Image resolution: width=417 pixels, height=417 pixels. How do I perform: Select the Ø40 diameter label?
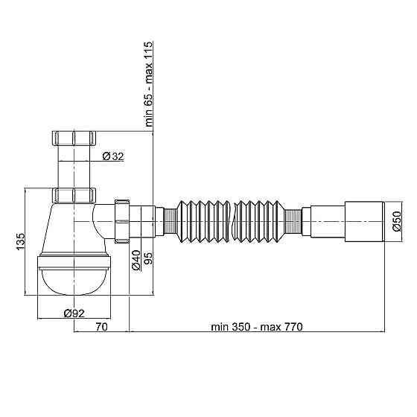[137, 261]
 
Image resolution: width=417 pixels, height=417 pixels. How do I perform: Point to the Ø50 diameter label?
[398, 221]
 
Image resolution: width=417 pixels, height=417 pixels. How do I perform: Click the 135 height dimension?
[21, 242]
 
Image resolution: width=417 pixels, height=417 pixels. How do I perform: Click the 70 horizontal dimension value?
[101, 327]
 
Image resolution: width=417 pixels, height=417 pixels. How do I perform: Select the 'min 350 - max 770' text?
[256, 327]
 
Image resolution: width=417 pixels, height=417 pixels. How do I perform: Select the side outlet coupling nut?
[123, 221]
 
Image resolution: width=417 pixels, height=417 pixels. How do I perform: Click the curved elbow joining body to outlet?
[103, 221]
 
